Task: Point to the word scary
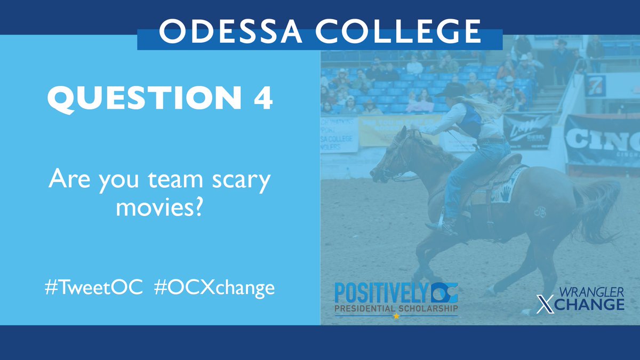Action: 239,181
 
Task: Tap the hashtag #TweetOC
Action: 94,287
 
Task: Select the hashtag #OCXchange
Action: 214,288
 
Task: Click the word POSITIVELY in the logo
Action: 380,293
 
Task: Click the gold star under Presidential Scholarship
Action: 396,316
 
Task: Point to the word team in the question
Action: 176,181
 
